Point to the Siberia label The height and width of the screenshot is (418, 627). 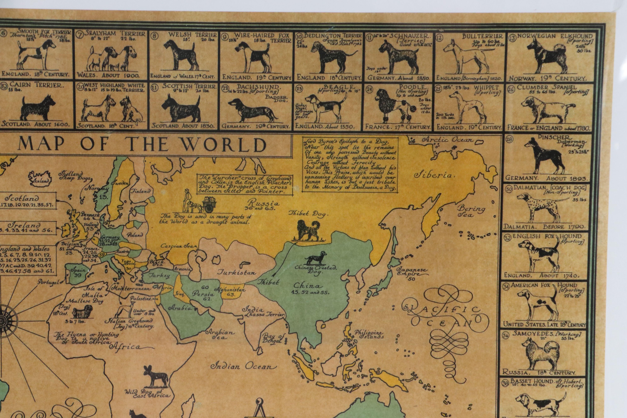[433, 175]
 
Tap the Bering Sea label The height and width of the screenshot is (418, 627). [471, 211]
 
